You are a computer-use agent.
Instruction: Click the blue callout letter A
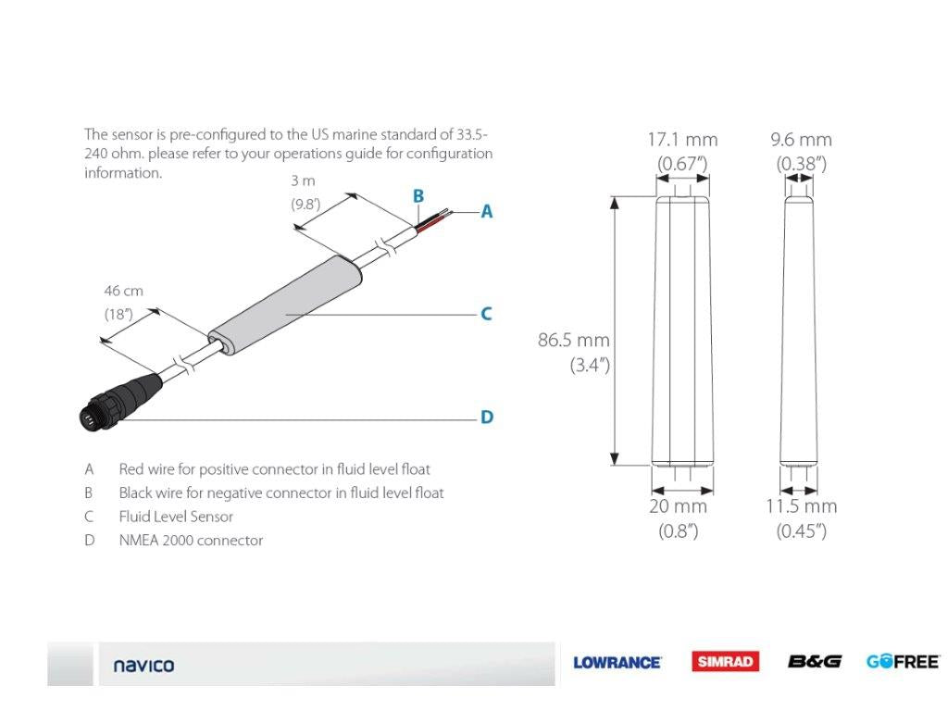click(486, 212)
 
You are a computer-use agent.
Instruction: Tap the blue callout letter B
click(418, 196)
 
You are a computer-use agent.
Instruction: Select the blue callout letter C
click(486, 315)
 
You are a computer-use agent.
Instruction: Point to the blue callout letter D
click(486, 418)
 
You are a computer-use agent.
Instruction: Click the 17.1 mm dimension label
click(682, 140)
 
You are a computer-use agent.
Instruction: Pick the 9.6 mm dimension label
click(801, 140)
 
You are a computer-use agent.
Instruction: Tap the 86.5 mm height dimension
click(574, 341)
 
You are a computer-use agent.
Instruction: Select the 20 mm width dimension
click(678, 506)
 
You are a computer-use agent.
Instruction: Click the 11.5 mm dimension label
click(801, 506)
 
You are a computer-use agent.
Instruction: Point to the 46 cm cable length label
click(123, 291)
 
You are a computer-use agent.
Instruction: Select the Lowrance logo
click(617, 662)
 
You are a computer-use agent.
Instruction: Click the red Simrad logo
click(725, 661)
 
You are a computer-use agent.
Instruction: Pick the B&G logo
click(814, 661)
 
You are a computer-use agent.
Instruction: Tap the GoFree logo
click(903, 661)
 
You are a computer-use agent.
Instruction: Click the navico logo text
click(143, 665)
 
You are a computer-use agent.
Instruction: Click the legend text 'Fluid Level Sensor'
click(176, 517)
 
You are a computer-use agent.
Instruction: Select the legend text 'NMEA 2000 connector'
click(191, 541)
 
